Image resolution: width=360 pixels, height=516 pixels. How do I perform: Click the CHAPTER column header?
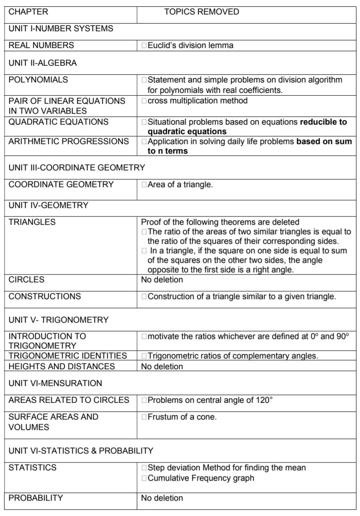(28, 12)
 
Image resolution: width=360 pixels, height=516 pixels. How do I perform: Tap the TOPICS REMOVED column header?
(202, 12)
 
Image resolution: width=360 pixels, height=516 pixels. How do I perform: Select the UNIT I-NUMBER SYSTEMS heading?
(61, 29)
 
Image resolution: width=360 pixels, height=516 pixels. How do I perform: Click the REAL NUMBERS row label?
(41, 45)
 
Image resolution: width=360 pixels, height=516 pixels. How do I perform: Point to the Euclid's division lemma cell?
(190, 45)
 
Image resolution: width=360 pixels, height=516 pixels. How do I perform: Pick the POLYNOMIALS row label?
(38, 80)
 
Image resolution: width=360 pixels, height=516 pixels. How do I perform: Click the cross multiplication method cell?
(197, 101)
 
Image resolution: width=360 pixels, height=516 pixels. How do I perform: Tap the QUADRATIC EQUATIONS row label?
(58, 121)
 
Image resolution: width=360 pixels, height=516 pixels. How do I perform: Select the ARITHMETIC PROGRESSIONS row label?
(68, 141)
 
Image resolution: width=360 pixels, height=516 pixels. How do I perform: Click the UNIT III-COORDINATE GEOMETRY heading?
(77, 168)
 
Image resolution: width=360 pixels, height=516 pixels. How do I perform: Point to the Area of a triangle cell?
(180, 184)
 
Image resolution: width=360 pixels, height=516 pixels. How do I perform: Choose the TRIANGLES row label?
(32, 222)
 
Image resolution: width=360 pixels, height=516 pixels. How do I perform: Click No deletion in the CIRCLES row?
(162, 280)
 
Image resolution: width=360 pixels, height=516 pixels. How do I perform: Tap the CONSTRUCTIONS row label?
(45, 296)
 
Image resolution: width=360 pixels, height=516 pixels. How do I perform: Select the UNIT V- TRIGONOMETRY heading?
(58, 320)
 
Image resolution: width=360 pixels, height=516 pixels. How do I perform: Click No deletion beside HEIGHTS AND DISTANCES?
(162, 367)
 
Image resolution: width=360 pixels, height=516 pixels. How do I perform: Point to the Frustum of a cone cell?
(182, 417)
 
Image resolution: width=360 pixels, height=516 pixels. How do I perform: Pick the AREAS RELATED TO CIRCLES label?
(69, 400)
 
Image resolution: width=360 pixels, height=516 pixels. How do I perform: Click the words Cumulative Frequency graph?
(201, 478)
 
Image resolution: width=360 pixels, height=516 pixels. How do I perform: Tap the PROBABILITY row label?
(36, 498)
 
